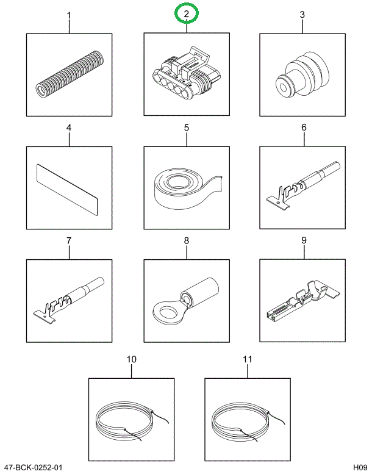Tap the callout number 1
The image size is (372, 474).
click(69, 15)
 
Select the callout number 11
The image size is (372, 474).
click(247, 359)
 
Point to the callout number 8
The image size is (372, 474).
click(187, 241)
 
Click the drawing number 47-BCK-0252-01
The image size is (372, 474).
click(33, 467)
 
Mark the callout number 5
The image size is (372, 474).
click(187, 128)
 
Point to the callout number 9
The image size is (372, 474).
click(303, 241)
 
